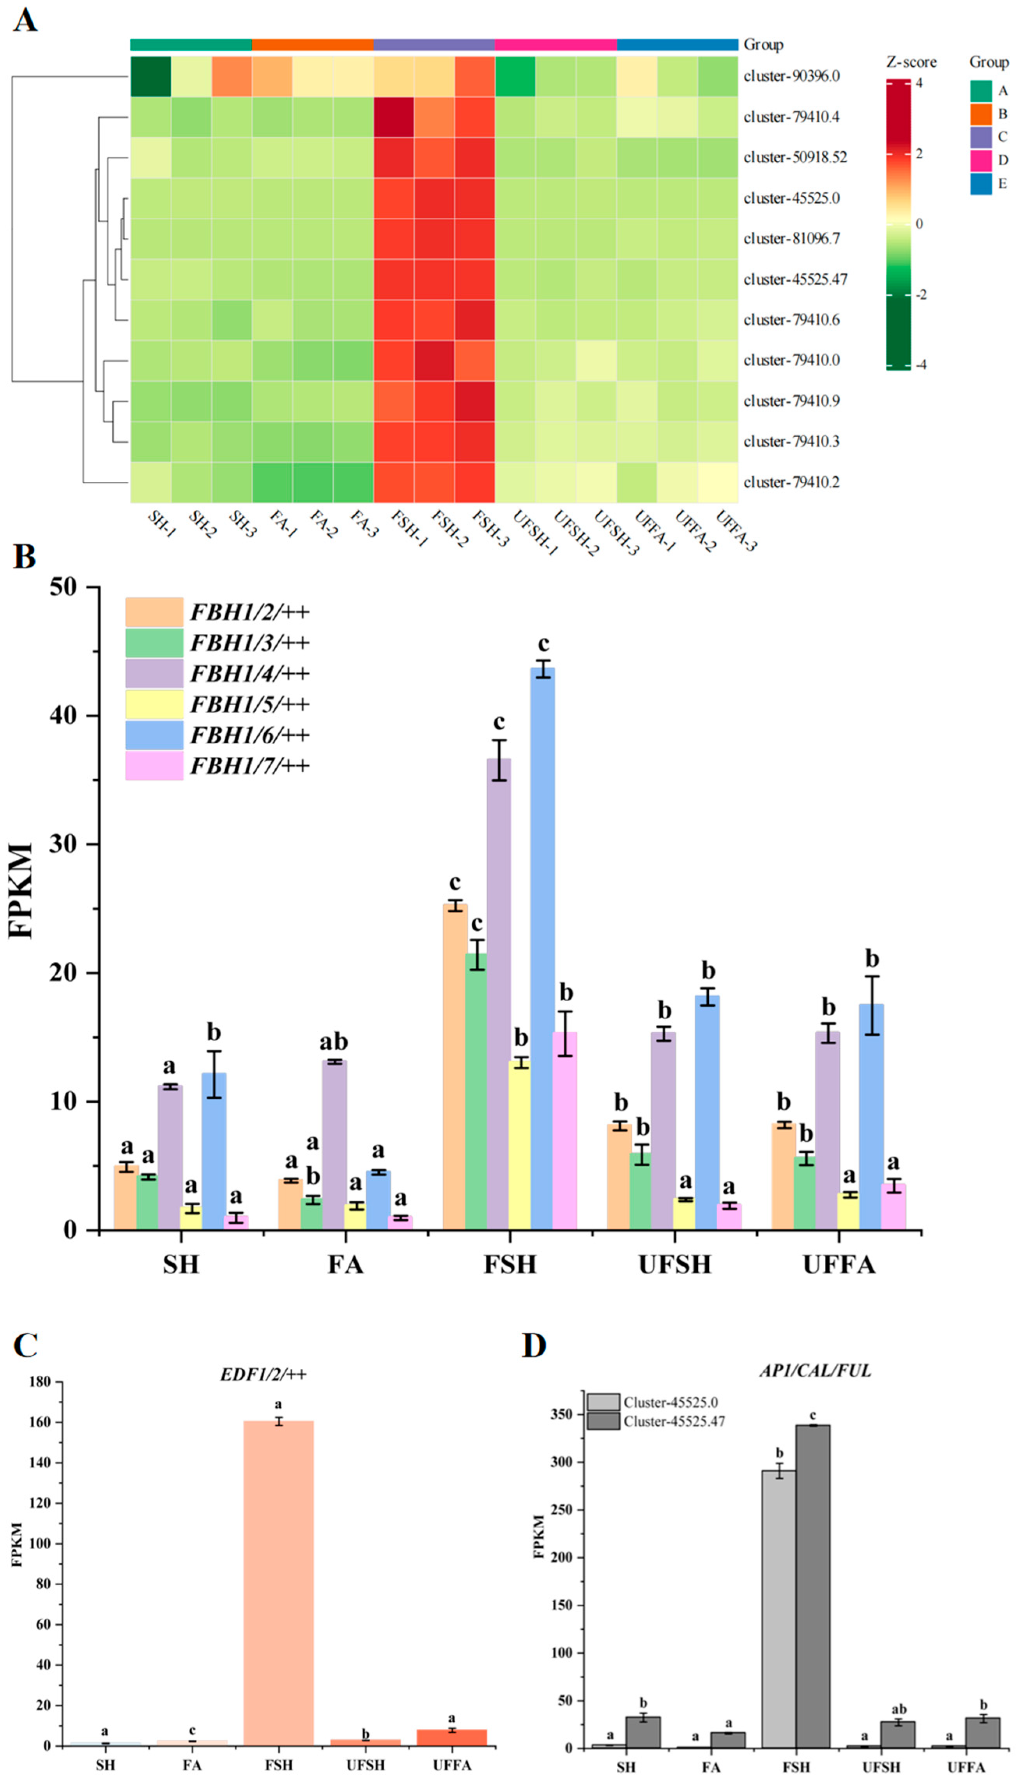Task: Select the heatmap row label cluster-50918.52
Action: (x=794, y=158)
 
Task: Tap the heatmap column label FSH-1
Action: (x=409, y=529)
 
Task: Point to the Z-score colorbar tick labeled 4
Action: (x=919, y=83)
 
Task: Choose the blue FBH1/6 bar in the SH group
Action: (x=214, y=1151)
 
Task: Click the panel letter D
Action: (x=534, y=1346)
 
